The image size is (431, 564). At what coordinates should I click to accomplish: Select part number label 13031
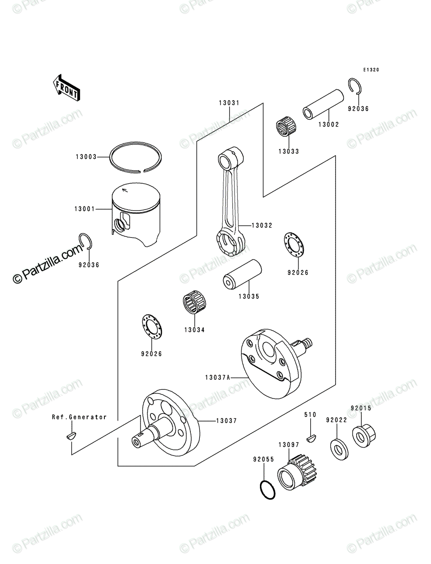click(x=229, y=103)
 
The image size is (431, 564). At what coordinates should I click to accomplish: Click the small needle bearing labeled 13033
click(x=286, y=126)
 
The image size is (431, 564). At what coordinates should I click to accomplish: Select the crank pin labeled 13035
click(x=242, y=275)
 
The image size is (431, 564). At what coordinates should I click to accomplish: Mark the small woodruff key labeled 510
click(x=312, y=439)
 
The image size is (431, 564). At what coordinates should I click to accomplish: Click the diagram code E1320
click(x=371, y=70)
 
